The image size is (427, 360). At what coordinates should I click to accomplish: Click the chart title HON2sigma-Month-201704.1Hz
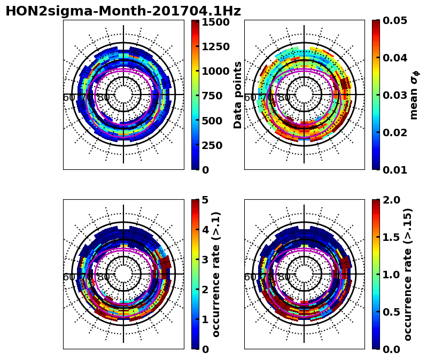[x=123, y=11]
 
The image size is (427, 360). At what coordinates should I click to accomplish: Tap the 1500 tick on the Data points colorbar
[x=215, y=22]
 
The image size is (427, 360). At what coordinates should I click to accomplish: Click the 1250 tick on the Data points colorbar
[x=215, y=46]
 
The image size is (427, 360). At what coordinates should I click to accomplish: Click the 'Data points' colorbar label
[x=238, y=95]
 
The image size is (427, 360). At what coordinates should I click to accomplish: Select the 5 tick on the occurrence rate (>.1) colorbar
[x=206, y=200]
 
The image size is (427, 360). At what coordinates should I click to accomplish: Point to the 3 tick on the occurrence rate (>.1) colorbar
[x=206, y=260]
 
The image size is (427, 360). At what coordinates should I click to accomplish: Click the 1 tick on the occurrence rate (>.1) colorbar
[x=206, y=319]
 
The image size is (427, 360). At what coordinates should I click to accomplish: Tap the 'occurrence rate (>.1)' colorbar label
[x=216, y=274]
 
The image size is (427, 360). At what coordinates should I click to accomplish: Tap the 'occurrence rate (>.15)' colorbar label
[x=408, y=274]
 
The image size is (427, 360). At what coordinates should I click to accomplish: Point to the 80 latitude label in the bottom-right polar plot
[x=284, y=277]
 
